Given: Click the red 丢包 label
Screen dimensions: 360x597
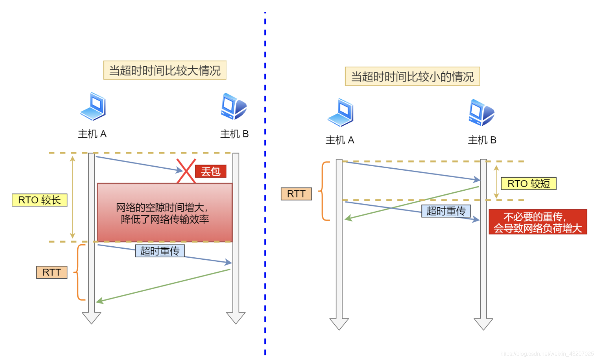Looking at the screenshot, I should click(x=211, y=171).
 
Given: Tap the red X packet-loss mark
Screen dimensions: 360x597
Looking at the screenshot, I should click(x=186, y=171).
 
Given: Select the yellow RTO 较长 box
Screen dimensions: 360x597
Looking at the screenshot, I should click(x=40, y=200).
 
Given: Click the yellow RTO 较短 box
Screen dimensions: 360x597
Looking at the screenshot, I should click(x=528, y=183).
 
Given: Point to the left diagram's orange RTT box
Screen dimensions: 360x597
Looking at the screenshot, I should click(x=52, y=272).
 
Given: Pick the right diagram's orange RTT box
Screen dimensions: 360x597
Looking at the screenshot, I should click(x=296, y=194).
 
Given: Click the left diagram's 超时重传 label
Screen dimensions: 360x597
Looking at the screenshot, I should click(x=160, y=251).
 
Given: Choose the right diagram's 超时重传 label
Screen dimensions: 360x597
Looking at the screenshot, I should click(x=446, y=211).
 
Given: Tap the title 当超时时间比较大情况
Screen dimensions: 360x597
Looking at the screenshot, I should click(x=165, y=70).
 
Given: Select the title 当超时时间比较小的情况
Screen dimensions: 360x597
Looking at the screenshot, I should click(x=412, y=76).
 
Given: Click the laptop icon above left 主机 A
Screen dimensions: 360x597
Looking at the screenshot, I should click(x=93, y=106).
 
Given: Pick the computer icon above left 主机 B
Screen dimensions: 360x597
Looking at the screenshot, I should click(x=234, y=106).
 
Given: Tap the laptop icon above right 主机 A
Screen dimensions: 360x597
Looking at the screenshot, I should click(x=340, y=113).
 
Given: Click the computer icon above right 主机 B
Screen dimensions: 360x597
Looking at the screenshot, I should click(x=482, y=113).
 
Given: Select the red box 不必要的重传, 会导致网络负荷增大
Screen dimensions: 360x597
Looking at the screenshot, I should click(x=538, y=222).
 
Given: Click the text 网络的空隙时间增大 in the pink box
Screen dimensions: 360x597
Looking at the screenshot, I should click(x=161, y=207).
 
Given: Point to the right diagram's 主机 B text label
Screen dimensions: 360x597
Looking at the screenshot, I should click(x=482, y=140).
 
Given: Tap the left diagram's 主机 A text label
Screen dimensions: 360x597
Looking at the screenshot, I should click(x=92, y=134).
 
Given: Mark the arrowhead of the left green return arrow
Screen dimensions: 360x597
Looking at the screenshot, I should click(x=99, y=301).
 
